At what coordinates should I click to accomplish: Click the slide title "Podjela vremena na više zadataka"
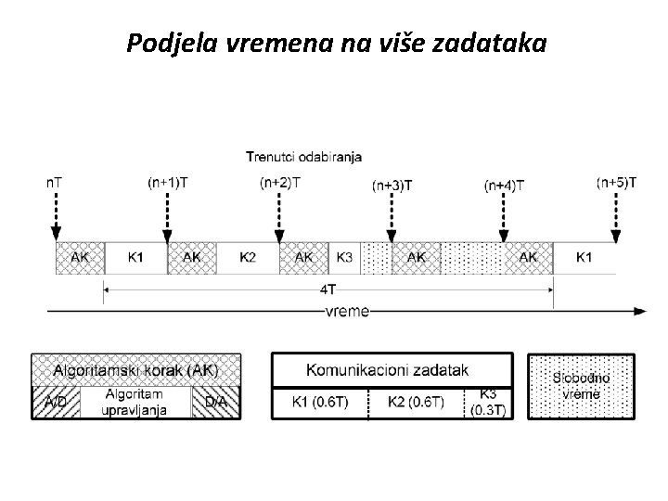tap(337, 43)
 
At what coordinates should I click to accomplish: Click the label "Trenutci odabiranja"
tap(304, 155)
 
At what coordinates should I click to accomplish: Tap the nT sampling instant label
tap(55, 183)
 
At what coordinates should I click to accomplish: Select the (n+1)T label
tap(167, 183)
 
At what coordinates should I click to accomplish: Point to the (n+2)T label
tap(279, 183)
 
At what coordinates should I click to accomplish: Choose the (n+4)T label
tap(504, 186)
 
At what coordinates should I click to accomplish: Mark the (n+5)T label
tap(616, 183)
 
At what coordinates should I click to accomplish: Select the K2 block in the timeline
tap(248, 257)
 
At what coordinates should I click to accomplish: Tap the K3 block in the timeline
tap(344, 257)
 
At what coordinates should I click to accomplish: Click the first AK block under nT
tap(80, 257)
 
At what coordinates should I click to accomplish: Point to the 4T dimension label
tap(328, 289)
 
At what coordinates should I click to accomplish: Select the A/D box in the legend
tap(56, 403)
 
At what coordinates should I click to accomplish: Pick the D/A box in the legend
tap(216, 403)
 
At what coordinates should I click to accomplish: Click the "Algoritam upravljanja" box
tap(135, 403)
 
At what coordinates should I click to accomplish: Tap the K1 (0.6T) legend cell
tap(320, 403)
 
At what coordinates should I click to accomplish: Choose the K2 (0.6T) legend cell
tap(415, 403)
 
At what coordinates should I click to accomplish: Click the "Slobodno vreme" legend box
tap(582, 386)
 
